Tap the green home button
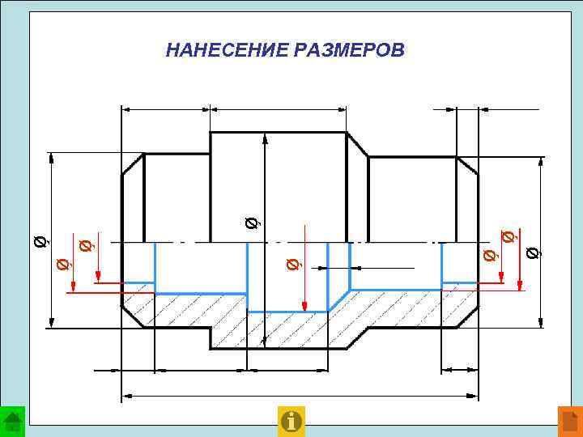tap(12, 421)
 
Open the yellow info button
tap(291, 421)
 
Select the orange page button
tap(570, 421)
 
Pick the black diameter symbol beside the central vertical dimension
tap(253, 220)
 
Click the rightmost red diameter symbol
tap(508, 237)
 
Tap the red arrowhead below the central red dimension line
tap(304, 306)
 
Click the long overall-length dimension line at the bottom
tap(300, 397)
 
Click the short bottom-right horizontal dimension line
tap(459, 370)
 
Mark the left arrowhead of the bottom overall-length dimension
tap(126, 397)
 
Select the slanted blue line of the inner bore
tap(338, 299)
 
